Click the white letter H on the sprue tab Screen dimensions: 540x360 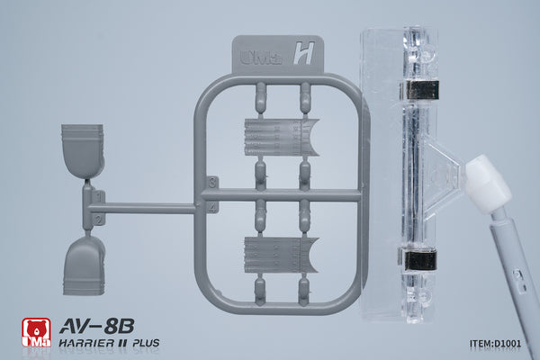[304, 53]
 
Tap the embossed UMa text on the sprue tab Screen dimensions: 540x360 [260, 57]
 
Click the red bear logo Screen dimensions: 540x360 [36, 332]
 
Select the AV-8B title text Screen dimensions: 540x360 [97, 326]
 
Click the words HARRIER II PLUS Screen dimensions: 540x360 [109, 343]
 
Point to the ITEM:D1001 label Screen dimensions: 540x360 [495, 343]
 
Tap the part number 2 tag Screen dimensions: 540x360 [98, 220]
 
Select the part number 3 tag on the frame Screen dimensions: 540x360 [212, 183]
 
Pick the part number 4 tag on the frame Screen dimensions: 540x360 [212, 207]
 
